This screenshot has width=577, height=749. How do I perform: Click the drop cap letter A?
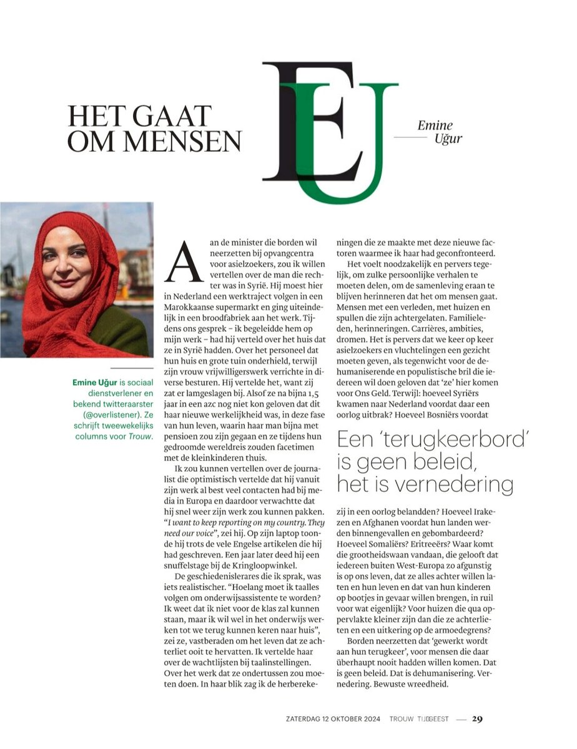182,262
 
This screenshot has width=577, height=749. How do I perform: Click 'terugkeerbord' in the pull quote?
456,440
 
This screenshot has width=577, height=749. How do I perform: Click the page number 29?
477,719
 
